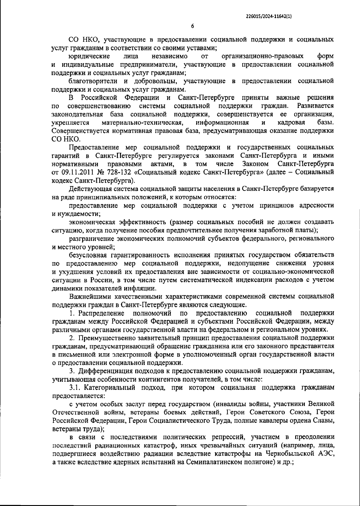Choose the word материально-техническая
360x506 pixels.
point(142,123)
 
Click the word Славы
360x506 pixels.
point(324,421)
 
